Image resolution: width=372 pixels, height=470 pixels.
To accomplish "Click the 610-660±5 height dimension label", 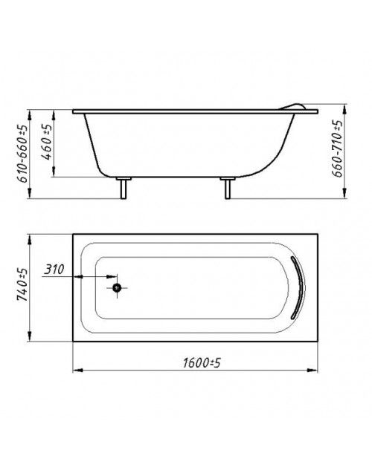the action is (23, 154).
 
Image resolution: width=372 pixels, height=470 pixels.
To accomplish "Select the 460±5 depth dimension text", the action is (47, 142).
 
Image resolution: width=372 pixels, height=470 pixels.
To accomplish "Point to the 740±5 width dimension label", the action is (22, 284).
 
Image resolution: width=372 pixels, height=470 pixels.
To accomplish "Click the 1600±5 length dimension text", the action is (202, 363).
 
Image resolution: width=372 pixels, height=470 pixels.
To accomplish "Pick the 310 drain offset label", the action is (54, 270).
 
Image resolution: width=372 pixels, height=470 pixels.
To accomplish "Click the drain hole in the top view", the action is (117, 288).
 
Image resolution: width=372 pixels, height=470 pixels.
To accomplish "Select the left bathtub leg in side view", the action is (124, 188).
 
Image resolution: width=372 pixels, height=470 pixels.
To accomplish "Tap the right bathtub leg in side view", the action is (228, 188).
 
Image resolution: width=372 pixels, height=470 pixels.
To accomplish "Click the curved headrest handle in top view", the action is (301, 287).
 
